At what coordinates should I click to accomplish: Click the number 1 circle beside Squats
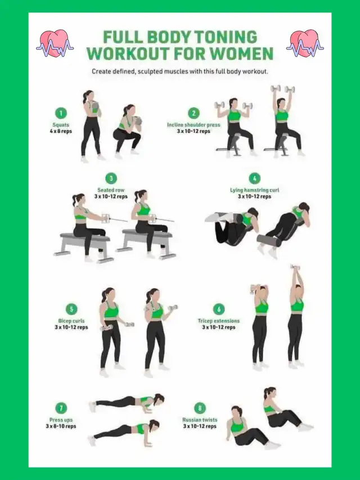(x=61, y=113)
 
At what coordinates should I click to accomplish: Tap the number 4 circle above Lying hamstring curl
(x=254, y=178)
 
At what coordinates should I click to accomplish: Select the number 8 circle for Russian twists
(x=200, y=408)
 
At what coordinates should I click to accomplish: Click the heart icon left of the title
(x=55, y=43)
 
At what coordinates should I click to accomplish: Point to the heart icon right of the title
(x=305, y=43)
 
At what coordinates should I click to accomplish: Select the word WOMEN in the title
(x=242, y=53)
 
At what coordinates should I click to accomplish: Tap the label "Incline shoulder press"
(x=193, y=125)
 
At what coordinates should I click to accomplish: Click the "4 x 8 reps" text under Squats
(x=61, y=131)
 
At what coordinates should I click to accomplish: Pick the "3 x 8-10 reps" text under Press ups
(x=61, y=426)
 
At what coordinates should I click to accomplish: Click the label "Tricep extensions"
(x=219, y=321)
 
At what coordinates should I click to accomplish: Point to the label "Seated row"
(x=111, y=190)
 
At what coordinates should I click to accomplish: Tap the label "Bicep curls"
(x=71, y=321)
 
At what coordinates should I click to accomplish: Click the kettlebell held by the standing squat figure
(x=95, y=106)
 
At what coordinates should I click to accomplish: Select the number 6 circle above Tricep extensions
(x=219, y=309)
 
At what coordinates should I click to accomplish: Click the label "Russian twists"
(x=200, y=420)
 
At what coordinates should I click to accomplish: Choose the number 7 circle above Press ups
(x=61, y=408)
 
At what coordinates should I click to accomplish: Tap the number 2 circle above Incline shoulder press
(x=193, y=113)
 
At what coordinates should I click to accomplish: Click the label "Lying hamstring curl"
(x=254, y=190)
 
